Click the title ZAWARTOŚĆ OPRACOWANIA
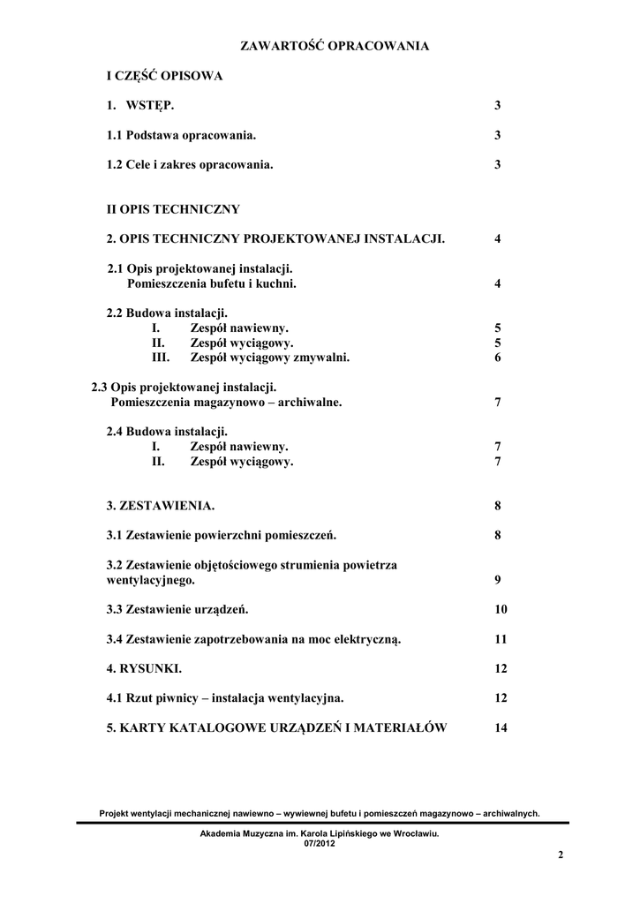point(335,46)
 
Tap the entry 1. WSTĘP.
point(140,106)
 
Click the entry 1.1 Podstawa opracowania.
point(181,135)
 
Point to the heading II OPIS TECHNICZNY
point(173,209)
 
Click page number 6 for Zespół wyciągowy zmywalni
point(498,358)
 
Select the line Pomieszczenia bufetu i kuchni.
point(212,283)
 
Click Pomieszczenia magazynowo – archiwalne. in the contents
point(226,402)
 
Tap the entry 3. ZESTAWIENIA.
point(160,506)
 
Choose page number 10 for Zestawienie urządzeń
point(501,609)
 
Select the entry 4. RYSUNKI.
point(144,668)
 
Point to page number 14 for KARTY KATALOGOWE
point(501,727)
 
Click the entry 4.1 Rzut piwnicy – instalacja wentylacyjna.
point(225,698)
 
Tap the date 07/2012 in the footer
point(320,843)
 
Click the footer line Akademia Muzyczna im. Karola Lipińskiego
point(320,832)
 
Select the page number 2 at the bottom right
point(561,855)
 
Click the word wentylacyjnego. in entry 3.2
point(150,580)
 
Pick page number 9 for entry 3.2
point(498,580)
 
